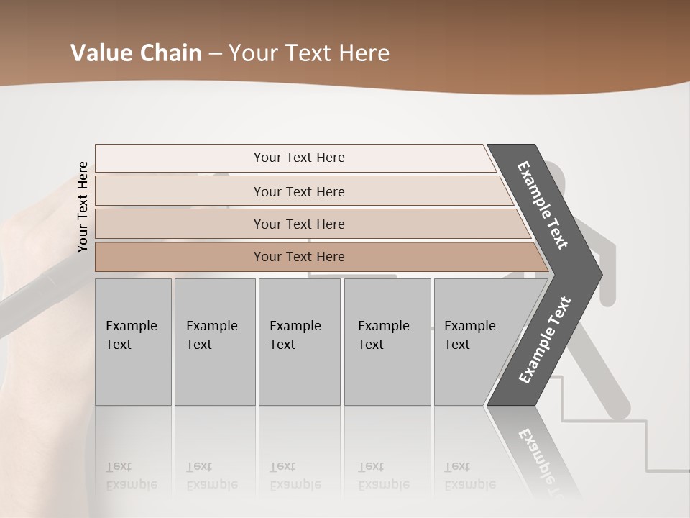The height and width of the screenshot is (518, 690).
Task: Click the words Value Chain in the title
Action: click(x=136, y=53)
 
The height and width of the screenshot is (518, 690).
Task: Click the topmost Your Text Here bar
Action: click(x=298, y=158)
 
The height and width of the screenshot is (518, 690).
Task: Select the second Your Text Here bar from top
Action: click(x=298, y=191)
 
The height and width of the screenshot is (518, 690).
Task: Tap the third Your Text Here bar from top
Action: click(x=298, y=224)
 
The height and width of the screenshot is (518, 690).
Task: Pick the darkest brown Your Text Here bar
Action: click(x=298, y=257)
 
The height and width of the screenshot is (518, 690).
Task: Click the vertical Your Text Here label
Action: click(x=83, y=206)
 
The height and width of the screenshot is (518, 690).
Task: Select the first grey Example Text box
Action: click(x=133, y=341)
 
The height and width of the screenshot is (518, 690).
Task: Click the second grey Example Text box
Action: click(x=214, y=341)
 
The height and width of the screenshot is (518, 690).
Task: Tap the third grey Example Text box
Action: click(x=299, y=341)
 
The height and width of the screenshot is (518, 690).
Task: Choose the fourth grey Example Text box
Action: click(x=387, y=341)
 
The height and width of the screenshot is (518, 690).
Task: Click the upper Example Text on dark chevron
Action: click(x=543, y=205)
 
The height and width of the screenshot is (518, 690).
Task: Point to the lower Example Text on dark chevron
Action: click(x=544, y=340)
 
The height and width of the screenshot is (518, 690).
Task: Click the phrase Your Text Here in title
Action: click(x=309, y=53)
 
